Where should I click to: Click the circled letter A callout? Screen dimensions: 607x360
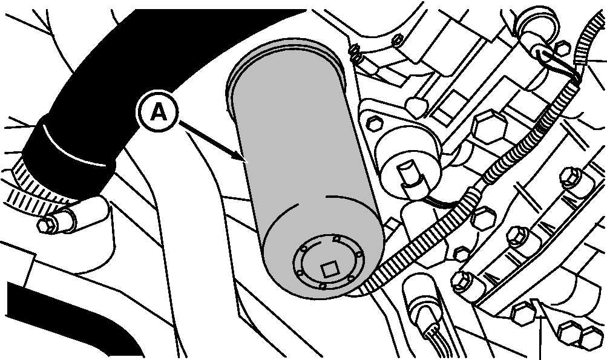point(158,112)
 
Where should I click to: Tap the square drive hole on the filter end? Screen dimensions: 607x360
point(329,269)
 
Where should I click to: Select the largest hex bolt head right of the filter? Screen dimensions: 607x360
point(490,126)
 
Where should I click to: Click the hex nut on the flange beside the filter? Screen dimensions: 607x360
point(375,123)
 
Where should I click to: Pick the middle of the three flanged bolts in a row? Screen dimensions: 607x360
point(517,236)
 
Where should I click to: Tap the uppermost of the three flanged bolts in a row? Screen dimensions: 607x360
point(571,177)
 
